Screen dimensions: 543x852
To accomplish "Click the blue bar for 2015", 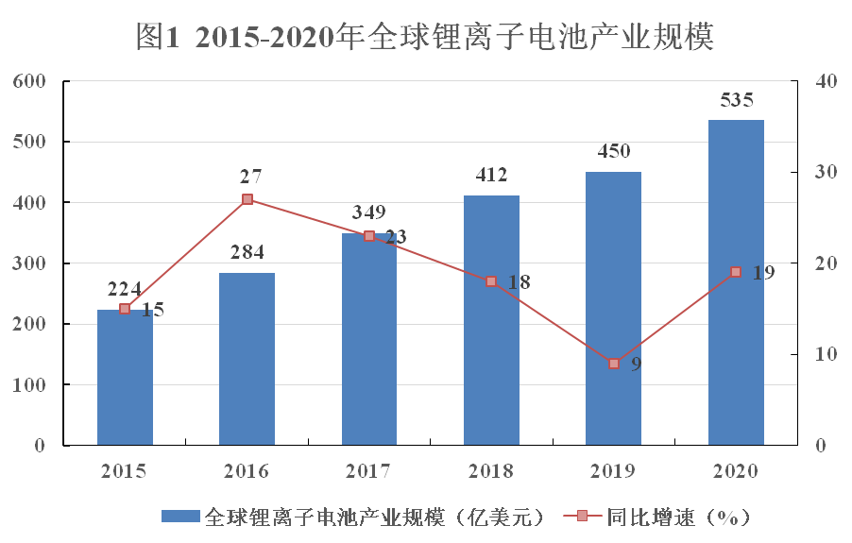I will coord(125,378).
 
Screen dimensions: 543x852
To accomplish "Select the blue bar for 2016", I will coord(247,359).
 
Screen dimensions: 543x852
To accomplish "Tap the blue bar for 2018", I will coord(491,321).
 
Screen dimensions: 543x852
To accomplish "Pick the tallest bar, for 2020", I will coord(736,283).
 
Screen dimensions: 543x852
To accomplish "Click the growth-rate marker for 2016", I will coord(247,199).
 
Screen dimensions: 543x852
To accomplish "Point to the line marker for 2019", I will coord(614,364).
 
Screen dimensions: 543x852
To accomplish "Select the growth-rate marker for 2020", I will coord(736,272).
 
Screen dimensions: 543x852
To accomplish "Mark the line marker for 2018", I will coord(491,281).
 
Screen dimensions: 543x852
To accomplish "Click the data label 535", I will coord(737,100).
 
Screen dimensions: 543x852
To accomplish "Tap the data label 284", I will coord(247,252).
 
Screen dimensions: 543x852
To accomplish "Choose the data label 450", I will coord(614,152).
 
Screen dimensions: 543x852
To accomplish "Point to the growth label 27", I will coord(250,177).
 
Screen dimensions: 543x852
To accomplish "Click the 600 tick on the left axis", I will coord(29,81).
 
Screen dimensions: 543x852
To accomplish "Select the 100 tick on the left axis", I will coord(29,385).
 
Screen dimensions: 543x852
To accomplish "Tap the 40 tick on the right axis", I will coord(826,81).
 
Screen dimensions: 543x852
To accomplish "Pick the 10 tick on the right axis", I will coord(826,354).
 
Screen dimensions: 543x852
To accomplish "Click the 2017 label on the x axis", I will coord(369,470).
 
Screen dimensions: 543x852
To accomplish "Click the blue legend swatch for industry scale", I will coord(179,517).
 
